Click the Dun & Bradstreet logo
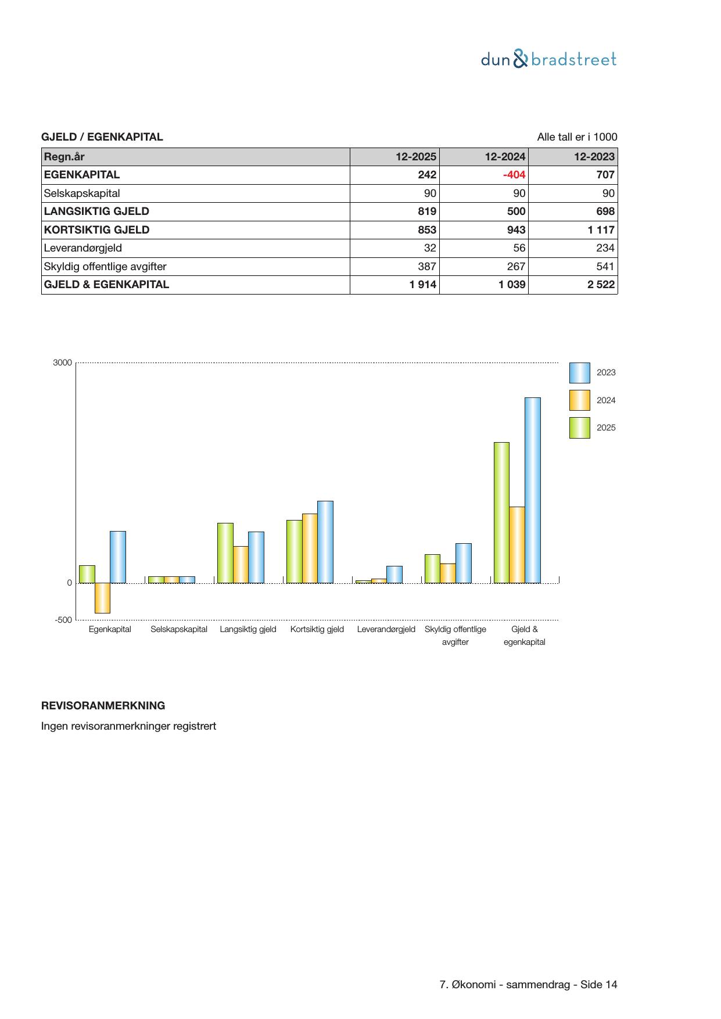pyautogui.click(x=548, y=59)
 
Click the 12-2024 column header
pyautogui.click(x=505, y=156)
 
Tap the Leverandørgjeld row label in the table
pyautogui.click(x=83, y=248)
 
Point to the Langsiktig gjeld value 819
pyautogui.click(x=426, y=211)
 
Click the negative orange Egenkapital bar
pyautogui.click(x=102, y=598)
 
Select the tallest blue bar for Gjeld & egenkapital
pyautogui.click(x=532, y=490)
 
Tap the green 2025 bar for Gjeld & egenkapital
pyautogui.click(x=501, y=512)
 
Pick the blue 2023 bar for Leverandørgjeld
pyautogui.click(x=394, y=574)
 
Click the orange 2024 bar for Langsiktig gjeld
pyautogui.click(x=241, y=564)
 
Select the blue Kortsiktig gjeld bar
pyautogui.click(x=325, y=541)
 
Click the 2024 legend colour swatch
pyautogui.click(x=579, y=400)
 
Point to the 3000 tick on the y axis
pyautogui.click(x=62, y=363)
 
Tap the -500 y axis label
pyautogui.click(x=63, y=620)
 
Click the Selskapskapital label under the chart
pyautogui.click(x=179, y=629)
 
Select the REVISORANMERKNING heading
pyautogui.click(x=103, y=706)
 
